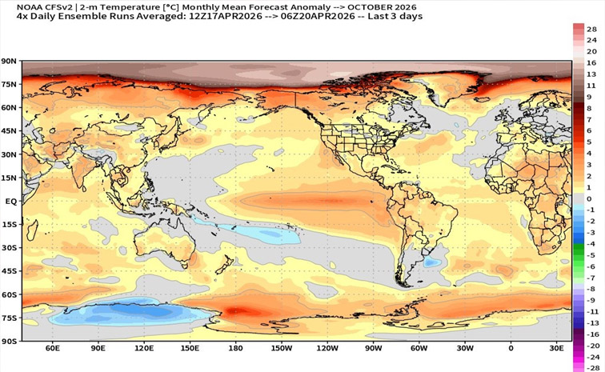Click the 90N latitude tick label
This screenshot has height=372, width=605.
click(10, 61)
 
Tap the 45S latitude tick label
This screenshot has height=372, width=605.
click(10, 271)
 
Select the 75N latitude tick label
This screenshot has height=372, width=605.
click(10, 84)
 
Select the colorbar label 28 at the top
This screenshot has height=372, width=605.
click(591, 29)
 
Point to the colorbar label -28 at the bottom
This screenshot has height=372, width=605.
click(591, 367)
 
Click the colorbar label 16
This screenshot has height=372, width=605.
click(591, 62)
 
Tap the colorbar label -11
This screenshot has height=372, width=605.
click(591, 310)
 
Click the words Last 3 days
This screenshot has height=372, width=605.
click(395, 16)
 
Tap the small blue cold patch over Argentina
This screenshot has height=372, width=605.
click(432, 261)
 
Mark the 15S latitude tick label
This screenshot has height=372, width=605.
click(10, 225)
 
